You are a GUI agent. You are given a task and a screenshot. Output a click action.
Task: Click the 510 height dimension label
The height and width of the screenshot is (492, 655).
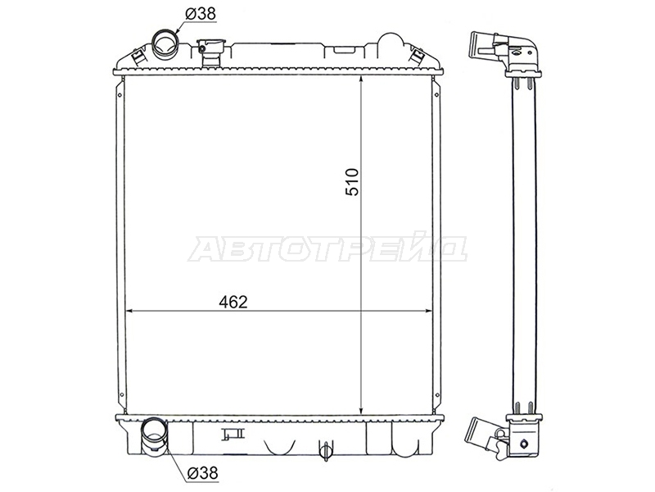point(352,182)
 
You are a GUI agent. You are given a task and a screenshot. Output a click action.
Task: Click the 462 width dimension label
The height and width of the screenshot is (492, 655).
point(233,302)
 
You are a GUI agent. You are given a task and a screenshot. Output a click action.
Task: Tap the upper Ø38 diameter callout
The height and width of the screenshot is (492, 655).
point(201,14)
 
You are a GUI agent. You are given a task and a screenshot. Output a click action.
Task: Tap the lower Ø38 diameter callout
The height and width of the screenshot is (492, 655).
point(202,473)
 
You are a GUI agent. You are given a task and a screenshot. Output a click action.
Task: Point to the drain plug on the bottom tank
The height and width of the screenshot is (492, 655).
point(324,449)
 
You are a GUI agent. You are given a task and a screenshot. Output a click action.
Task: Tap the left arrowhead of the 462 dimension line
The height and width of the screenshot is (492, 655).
point(129,311)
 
